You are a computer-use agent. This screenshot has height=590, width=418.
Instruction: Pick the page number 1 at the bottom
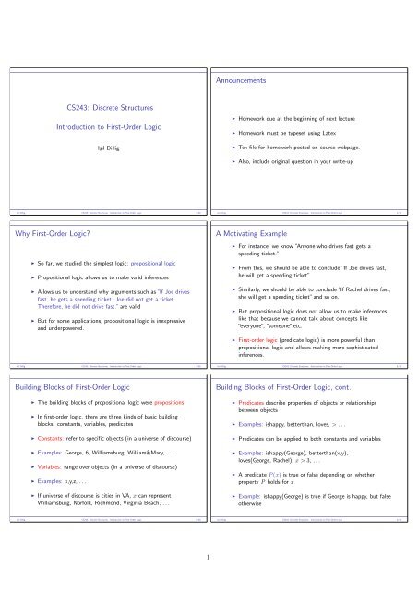click(209, 556)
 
